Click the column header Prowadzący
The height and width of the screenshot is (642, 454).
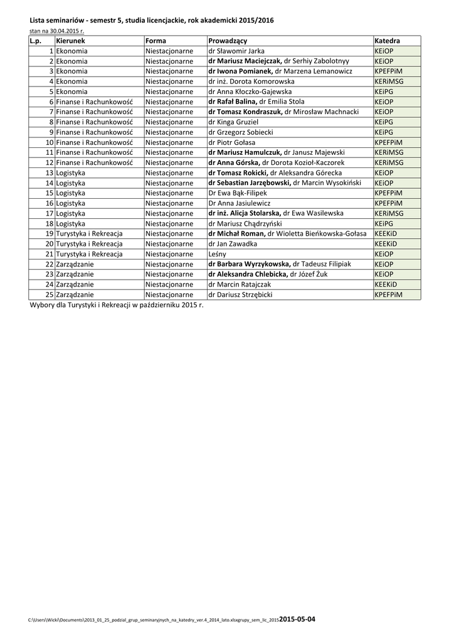tap(228, 41)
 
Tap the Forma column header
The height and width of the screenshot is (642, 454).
tap(156, 41)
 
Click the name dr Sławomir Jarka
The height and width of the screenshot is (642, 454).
tap(236, 51)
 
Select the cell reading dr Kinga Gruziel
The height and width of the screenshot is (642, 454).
tap(233, 122)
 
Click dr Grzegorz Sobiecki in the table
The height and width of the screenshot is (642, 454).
tap(240, 132)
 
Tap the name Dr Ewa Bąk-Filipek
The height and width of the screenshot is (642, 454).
tap(238, 193)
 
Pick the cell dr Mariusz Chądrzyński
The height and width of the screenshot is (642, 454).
tap(245, 223)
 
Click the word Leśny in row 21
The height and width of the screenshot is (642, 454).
tap(218, 254)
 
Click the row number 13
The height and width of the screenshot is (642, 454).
tap(49, 172)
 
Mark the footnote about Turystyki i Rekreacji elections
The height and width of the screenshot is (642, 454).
tap(117, 305)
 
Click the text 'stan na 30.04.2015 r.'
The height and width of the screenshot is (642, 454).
tap(56, 31)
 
